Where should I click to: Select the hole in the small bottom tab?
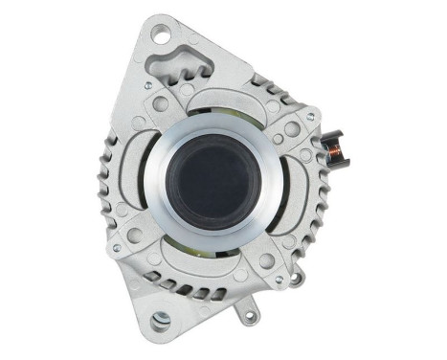[x=251, y=313]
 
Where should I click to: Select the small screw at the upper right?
[x=309, y=118]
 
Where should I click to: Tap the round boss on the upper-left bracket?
[x=160, y=102]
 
